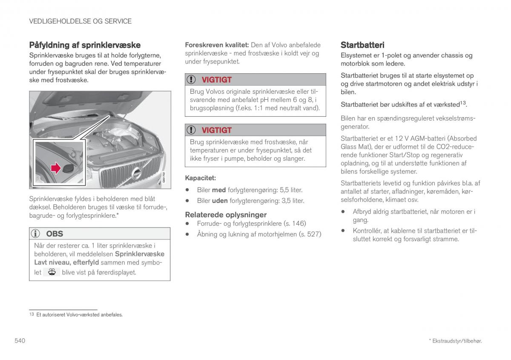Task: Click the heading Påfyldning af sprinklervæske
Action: point(85,45)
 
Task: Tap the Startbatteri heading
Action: point(362,45)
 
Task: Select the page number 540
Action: point(20,340)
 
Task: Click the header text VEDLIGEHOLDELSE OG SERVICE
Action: point(80,21)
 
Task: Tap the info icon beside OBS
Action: point(36,234)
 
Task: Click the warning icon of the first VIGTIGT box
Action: point(192,80)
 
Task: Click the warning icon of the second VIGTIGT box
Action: point(192,130)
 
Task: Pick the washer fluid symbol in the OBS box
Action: point(52,272)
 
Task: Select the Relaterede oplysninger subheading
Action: point(226,215)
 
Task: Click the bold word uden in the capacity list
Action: point(220,201)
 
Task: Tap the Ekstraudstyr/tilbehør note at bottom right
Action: point(458,341)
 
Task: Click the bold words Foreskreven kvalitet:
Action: point(217,45)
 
